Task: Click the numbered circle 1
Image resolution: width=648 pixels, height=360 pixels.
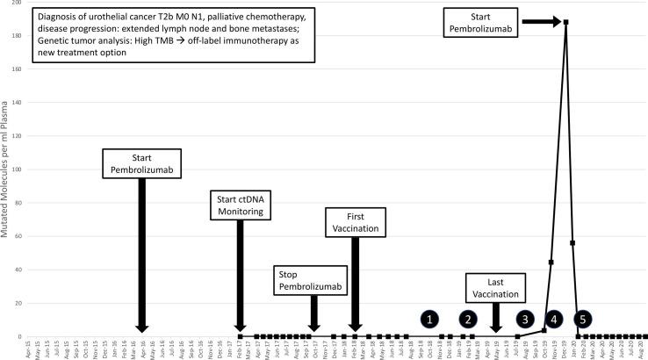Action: tap(429, 319)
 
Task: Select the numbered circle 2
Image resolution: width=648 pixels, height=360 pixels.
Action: tap(469, 319)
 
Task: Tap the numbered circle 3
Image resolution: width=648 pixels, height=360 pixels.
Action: tap(525, 319)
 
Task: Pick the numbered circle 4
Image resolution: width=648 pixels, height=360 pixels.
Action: tap(554, 319)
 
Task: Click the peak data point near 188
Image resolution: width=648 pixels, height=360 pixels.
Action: tap(565, 22)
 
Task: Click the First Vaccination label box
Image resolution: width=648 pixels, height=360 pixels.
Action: tap(354, 222)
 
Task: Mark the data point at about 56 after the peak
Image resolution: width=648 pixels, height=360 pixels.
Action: tap(572, 243)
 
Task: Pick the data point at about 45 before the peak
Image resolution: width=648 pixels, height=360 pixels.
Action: tap(551, 262)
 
